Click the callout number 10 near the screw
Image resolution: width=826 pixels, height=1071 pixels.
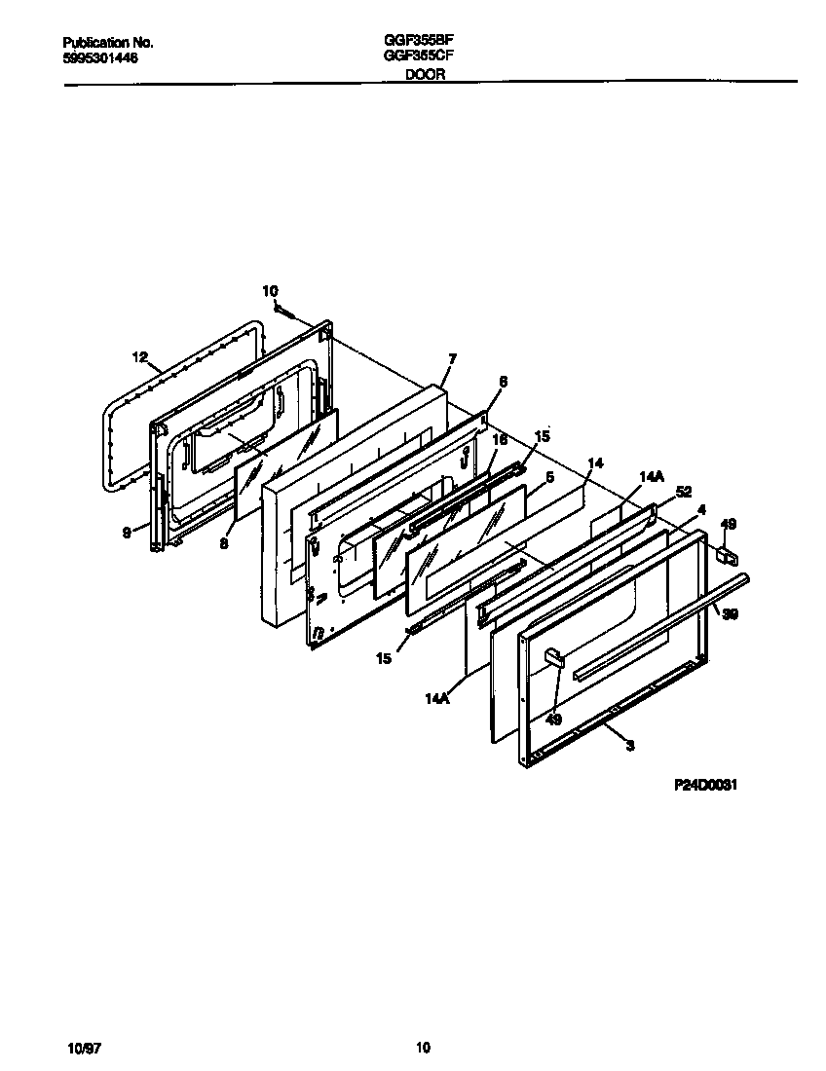point(270,290)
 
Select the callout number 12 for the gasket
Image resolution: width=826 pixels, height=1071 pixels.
point(139,357)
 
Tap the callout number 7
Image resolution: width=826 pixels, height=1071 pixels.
point(449,359)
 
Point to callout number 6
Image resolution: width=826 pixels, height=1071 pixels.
point(503,383)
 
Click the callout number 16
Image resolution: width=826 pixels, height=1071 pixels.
point(498,440)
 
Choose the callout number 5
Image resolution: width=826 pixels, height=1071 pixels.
point(550,477)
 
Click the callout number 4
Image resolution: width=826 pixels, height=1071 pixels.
point(701,508)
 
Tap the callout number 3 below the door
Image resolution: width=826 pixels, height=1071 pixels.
point(630,746)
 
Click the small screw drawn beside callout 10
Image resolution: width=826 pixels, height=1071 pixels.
point(283,310)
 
